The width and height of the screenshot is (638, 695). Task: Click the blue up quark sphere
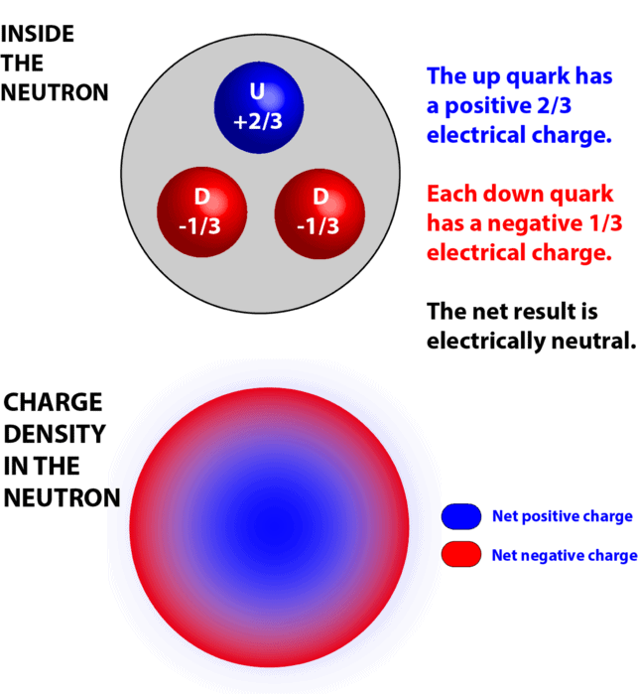259,107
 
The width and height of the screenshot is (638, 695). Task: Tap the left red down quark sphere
202,211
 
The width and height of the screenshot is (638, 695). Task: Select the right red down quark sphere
319,213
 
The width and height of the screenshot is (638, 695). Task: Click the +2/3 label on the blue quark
258,121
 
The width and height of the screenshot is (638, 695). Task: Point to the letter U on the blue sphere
257,91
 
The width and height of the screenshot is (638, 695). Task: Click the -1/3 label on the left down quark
199,226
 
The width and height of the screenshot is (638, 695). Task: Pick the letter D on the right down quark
320,197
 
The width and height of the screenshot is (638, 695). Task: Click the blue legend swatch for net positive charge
461,516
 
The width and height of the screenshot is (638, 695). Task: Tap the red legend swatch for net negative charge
461,554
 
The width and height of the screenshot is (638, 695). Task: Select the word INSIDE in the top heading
38,34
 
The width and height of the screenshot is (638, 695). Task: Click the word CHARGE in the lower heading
53,402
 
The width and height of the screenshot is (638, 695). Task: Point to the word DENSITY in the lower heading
55,434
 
